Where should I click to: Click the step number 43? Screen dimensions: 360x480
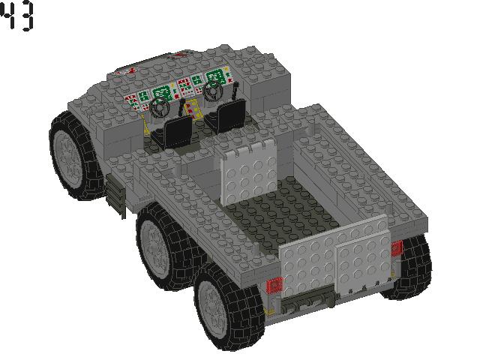17,16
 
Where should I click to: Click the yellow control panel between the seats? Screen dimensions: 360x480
194,110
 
